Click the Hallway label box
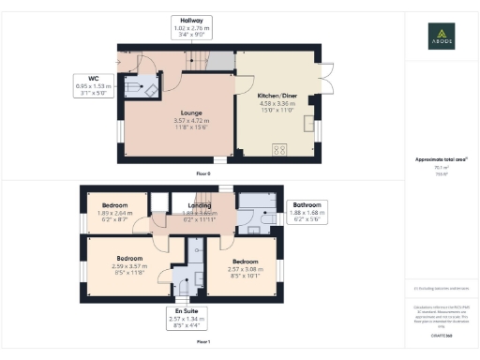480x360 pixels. (x=193, y=26)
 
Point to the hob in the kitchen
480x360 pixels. (x=279, y=148)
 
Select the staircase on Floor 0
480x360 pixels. (x=195, y=62)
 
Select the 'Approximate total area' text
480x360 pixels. (x=441, y=160)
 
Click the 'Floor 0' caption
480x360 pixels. (x=202, y=173)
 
